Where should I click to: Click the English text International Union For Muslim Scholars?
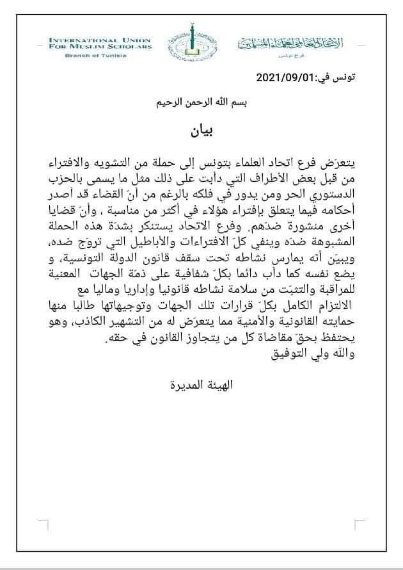[x=100, y=43]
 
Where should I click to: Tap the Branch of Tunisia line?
[x=96, y=56]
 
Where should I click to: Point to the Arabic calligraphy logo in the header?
[x=290, y=44]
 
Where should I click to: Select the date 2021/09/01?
[x=286, y=78]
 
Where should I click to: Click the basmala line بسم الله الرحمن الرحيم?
[x=201, y=104]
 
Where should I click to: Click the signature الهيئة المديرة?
[x=201, y=385]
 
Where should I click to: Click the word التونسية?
[x=79, y=258]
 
